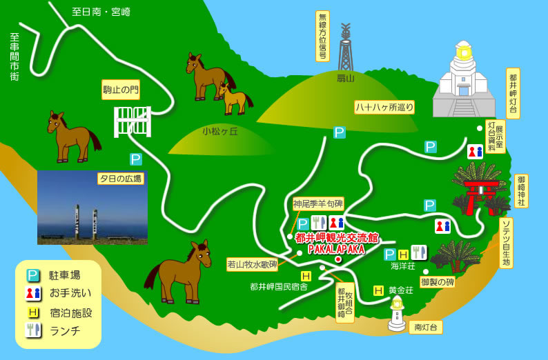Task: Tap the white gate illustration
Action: point(133,121)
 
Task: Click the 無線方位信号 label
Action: point(322,35)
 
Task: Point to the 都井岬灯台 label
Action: point(513,92)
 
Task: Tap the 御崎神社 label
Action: point(521,190)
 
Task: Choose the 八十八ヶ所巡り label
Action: point(384,107)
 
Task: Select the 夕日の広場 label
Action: point(120,179)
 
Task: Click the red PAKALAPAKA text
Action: point(336,249)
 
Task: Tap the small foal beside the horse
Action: point(234,98)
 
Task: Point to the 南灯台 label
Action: point(426,327)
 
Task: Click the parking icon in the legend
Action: point(32,275)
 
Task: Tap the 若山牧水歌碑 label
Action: point(252,263)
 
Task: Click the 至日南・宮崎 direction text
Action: point(101,12)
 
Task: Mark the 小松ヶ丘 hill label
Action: point(220,131)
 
